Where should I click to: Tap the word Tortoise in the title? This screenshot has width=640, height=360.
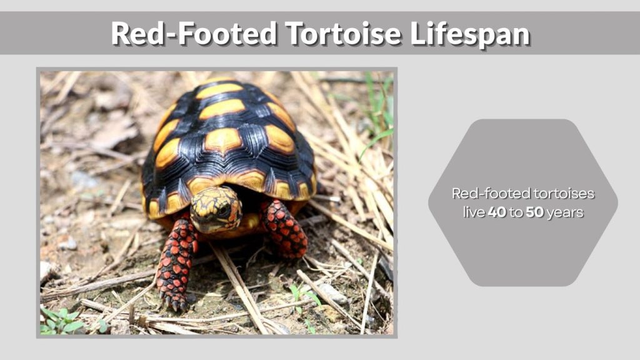point(342,34)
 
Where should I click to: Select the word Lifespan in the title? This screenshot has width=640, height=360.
point(470,34)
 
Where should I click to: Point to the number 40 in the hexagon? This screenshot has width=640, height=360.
point(497,212)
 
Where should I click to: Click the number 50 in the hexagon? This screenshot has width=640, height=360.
point(534,212)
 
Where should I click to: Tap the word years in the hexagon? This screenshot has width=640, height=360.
point(564,213)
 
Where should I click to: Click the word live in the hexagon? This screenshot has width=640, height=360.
point(474,212)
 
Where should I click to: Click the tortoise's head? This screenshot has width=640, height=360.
point(216,210)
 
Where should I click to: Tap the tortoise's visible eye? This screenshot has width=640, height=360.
point(223,210)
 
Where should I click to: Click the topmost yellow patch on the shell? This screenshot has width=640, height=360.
point(218,90)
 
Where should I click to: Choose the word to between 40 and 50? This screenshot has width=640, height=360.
point(516,213)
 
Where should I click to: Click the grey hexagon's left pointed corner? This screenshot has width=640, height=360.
point(430,202)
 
